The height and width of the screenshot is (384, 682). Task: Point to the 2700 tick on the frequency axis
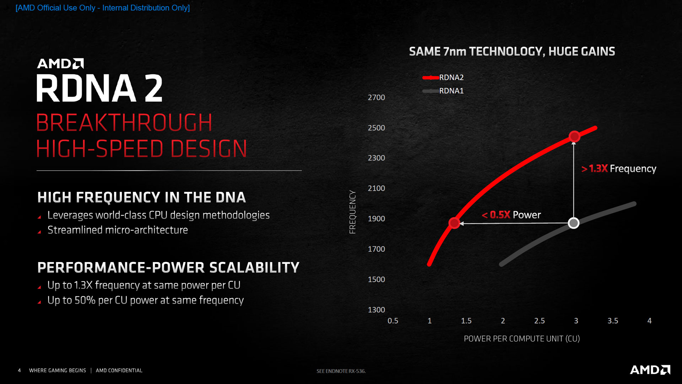coord(376,97)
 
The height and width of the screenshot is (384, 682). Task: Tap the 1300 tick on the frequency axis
coord(376,310)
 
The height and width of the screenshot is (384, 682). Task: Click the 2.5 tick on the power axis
coord(539,321)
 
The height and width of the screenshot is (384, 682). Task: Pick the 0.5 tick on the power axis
coord(393,321)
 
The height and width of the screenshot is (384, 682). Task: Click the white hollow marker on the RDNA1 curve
coord(573,223)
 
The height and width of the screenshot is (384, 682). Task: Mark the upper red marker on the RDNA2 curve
coord(574,136)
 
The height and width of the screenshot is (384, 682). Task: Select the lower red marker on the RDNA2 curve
coord(454,223)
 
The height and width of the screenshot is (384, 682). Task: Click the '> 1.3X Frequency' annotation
coord(618,169)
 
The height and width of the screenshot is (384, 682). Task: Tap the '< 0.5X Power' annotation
coord(511,215)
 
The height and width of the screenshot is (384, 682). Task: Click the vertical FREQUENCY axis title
coord(352,212)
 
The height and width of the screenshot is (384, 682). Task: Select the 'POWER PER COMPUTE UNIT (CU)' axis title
coord(521,338)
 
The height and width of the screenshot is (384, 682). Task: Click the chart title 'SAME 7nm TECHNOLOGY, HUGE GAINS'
coord(512,52)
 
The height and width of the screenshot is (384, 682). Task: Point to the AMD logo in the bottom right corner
coord(650,370)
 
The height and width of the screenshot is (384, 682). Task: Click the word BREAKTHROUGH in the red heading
coord(124,123)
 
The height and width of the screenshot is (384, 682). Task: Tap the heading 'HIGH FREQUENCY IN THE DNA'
coord(141,197)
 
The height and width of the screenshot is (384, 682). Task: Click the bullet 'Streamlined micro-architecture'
coord(118,230)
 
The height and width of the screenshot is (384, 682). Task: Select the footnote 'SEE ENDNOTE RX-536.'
coord(341,371)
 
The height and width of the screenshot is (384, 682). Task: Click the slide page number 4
coord(19,370)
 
